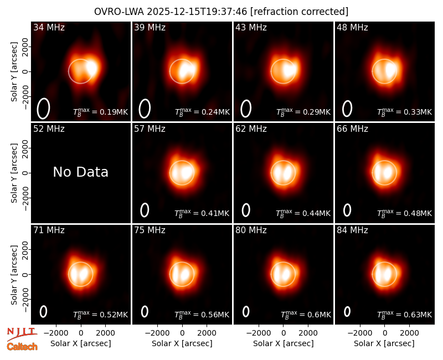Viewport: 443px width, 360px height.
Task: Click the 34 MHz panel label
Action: (x=49, y=27)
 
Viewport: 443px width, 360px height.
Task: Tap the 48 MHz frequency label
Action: (x=352, y=27)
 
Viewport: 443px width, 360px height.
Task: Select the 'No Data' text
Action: (x=80, y=172)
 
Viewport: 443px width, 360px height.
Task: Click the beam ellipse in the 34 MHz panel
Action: (x=43, y=109)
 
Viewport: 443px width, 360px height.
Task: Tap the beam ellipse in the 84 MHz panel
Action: (x=347, y=311)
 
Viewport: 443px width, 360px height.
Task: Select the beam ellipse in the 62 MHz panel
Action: (x=246, y=210)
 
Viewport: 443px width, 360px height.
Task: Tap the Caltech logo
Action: (x=22, y=347)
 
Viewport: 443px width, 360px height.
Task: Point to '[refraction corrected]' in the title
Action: (x=299, y=12)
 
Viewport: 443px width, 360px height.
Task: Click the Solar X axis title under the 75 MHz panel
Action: (x=182, y=343)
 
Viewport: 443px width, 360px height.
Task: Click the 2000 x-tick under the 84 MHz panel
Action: (x=409, y=333)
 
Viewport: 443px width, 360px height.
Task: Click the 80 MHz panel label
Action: (x=251, y=230)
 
